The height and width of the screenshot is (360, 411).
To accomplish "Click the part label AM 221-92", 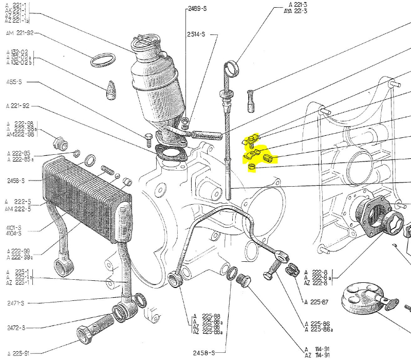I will coord(20,33).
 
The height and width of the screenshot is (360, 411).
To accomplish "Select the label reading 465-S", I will coord(14,82).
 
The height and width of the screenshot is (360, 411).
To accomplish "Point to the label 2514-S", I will coord(196,34).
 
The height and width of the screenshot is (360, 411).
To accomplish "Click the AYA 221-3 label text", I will coord(295,11).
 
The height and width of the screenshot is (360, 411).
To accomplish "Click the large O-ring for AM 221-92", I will coord(102,60).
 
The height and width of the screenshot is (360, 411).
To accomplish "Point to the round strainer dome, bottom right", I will coord(366,299).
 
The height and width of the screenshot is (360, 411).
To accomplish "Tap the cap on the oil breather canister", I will coord(144,41).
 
